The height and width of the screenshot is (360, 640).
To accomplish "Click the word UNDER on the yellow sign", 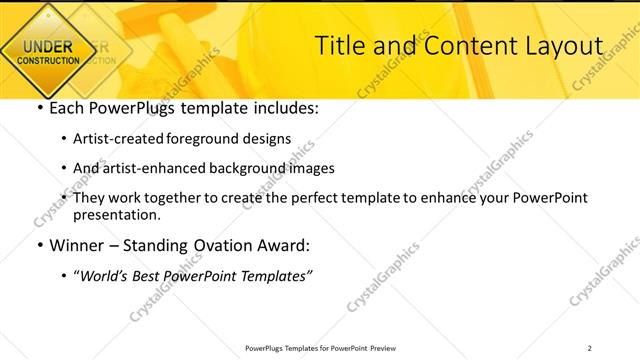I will [47, 46].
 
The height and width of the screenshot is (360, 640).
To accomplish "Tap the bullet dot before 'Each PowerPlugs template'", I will [39, 109].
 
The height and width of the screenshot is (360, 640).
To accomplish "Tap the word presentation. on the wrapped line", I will [116, 214].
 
